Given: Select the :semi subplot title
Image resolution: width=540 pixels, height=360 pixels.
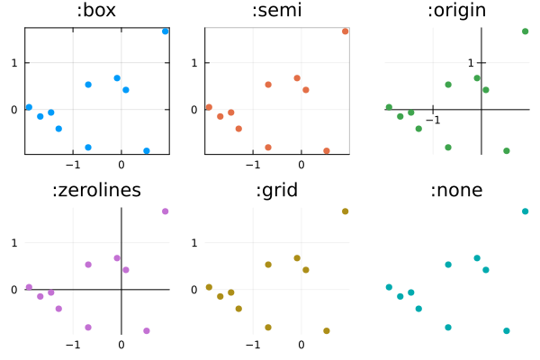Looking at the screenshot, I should pos(277,12).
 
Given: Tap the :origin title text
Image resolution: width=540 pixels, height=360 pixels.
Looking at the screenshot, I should pos(456,12).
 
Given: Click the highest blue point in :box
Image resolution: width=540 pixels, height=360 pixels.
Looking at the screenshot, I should pos(166,31).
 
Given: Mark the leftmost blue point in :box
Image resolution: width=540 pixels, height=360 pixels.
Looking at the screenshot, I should pos(29,107).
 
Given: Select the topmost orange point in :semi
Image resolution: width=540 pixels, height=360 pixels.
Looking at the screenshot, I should pos(346,31).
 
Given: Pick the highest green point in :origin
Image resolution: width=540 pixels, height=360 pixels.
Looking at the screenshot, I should pos(526,31).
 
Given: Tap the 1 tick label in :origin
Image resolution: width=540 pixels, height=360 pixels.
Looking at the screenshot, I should pos(471,63).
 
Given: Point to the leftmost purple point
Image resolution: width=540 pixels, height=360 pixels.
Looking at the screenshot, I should pos(29,287).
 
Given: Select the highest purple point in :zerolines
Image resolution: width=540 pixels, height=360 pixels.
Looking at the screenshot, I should pos(166,211).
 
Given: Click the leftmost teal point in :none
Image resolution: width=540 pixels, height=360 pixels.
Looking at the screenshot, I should pos(389,287).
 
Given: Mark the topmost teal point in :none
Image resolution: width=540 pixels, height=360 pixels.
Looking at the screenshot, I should pos(526,211).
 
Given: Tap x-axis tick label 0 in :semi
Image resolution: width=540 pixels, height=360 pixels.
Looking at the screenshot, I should pos(301,165).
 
